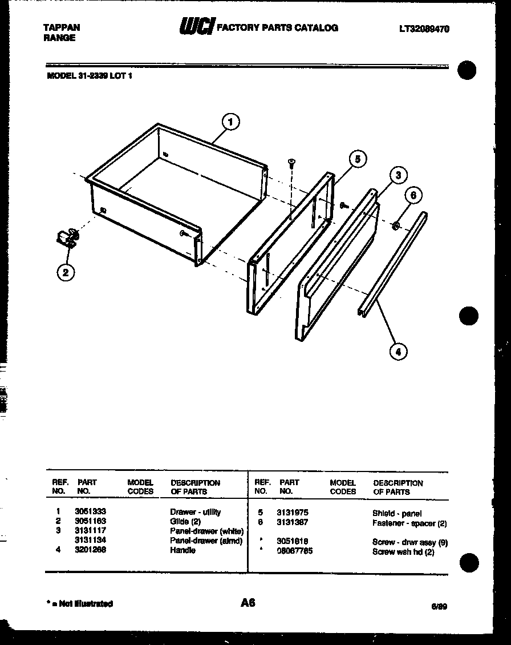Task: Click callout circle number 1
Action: [x=230, y=122]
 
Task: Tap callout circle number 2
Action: [x=66, y=272]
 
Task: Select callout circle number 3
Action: [x=398, y=175]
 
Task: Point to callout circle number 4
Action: [x=398, y=352]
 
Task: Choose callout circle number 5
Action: [x=358, y=159]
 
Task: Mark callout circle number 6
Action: [x=414, y=195]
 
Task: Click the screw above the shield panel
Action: [x=291, y=163]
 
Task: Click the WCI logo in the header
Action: [x=197, y=27]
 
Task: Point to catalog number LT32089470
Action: [x=424, y=29]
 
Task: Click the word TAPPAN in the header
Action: [x=62, y=27]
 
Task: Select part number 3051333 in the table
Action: [x=90, y=512]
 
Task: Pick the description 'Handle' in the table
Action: [x=182, y=550]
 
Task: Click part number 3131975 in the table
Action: [x=293, y=513]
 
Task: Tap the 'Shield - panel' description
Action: [x=397, y=514]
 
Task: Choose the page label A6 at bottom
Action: [x=248, y=603]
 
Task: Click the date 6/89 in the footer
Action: [x=439, y=607]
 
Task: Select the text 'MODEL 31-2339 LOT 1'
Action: [x=89, y=75]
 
